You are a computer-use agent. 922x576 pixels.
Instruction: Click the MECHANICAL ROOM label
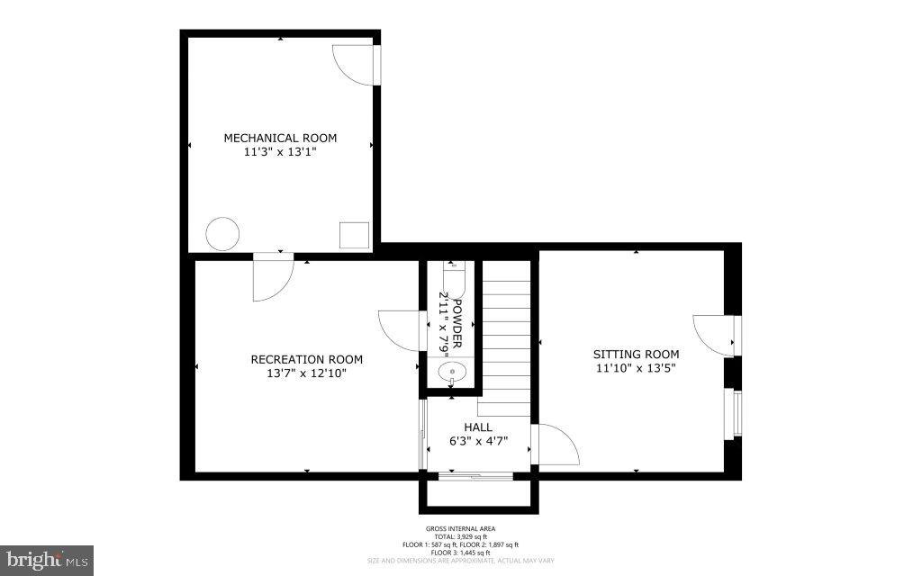(x=280, y=138)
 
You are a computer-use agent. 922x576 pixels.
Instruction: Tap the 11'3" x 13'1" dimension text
(x=280, y=153)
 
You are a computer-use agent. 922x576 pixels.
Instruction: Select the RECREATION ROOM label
(x=307, y=359)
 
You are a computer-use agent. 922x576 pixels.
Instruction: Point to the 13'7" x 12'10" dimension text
(x=307, y=373)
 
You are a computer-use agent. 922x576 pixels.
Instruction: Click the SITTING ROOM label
(x=636, y=354)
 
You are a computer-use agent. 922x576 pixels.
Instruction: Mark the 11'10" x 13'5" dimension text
(x=636, y=368)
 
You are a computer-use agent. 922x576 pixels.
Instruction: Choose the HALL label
(x=478, y=427)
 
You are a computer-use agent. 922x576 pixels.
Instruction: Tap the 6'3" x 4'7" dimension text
(x=478, y=441)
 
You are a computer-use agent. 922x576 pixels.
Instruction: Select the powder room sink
(x=450, y=371)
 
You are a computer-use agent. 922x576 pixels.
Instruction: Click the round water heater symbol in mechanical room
(x=222, y=234)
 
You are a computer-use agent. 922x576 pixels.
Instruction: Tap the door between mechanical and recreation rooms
(x=272, y=277)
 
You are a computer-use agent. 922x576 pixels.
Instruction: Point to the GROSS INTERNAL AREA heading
(x=460, y=529)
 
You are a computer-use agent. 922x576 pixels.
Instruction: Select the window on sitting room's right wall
(x=736, y=414)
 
